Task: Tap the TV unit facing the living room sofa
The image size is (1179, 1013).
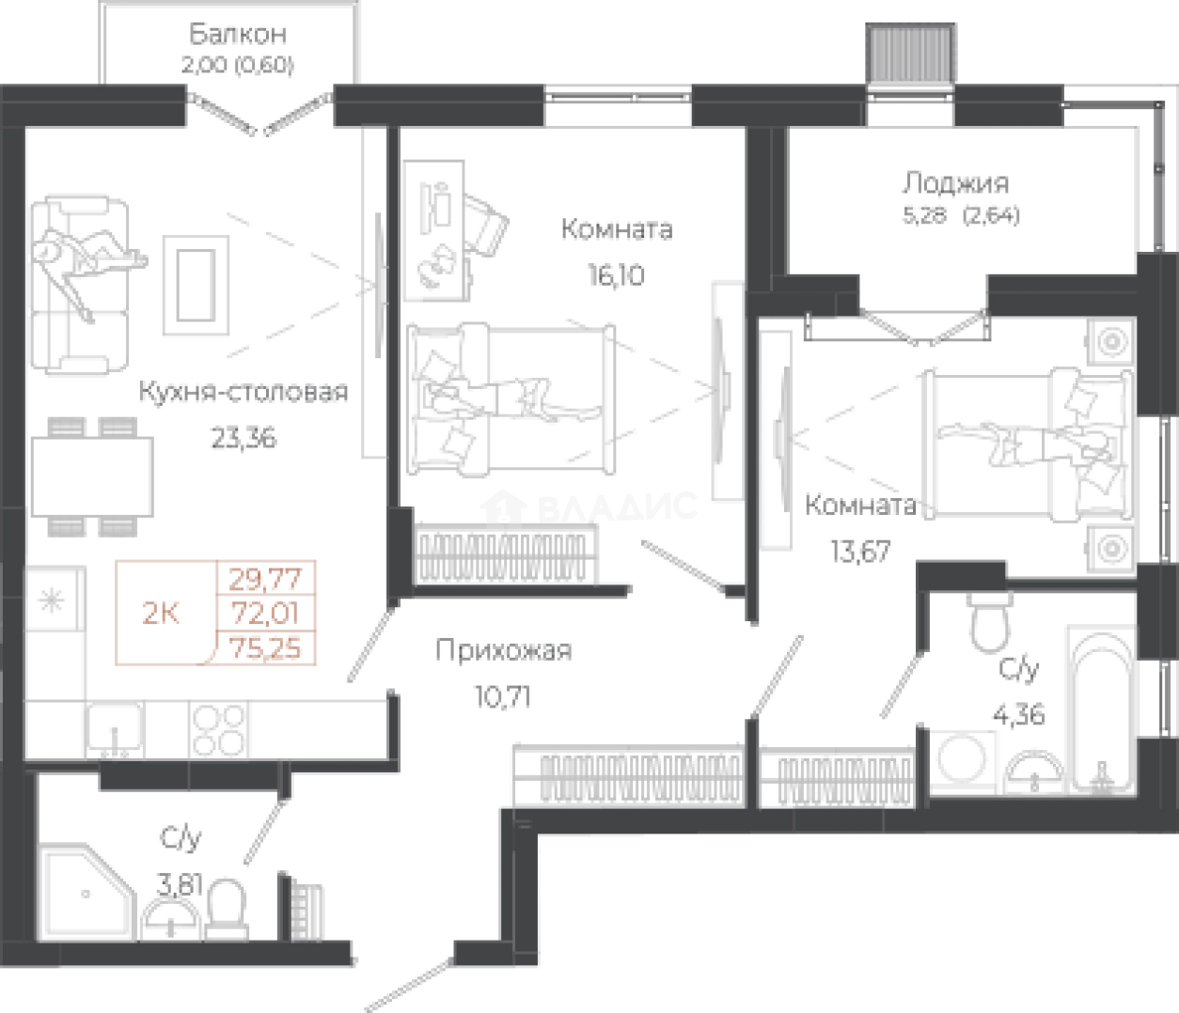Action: tap(374, 291)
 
